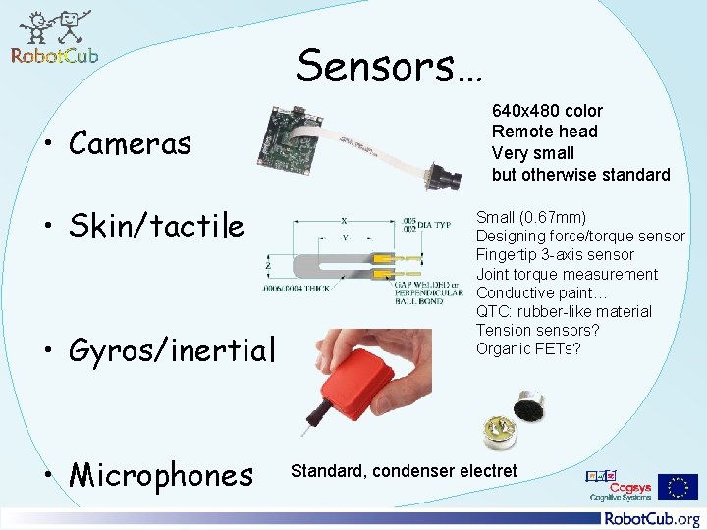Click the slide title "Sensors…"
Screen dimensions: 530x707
389,66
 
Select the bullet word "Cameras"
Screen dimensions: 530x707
130,143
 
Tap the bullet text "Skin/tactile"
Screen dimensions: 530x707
156,226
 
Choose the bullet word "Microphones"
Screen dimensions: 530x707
161,475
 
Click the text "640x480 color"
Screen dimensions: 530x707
547,111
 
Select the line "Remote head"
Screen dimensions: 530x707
544,132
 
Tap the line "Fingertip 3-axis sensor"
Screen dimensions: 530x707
555,255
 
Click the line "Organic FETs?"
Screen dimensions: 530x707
527,348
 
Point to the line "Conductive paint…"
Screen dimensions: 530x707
542,292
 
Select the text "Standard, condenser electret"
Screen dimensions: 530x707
404,471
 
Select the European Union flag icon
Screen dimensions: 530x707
678,487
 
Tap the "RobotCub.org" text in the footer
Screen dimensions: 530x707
652,518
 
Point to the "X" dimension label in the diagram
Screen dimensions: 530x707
345,221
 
